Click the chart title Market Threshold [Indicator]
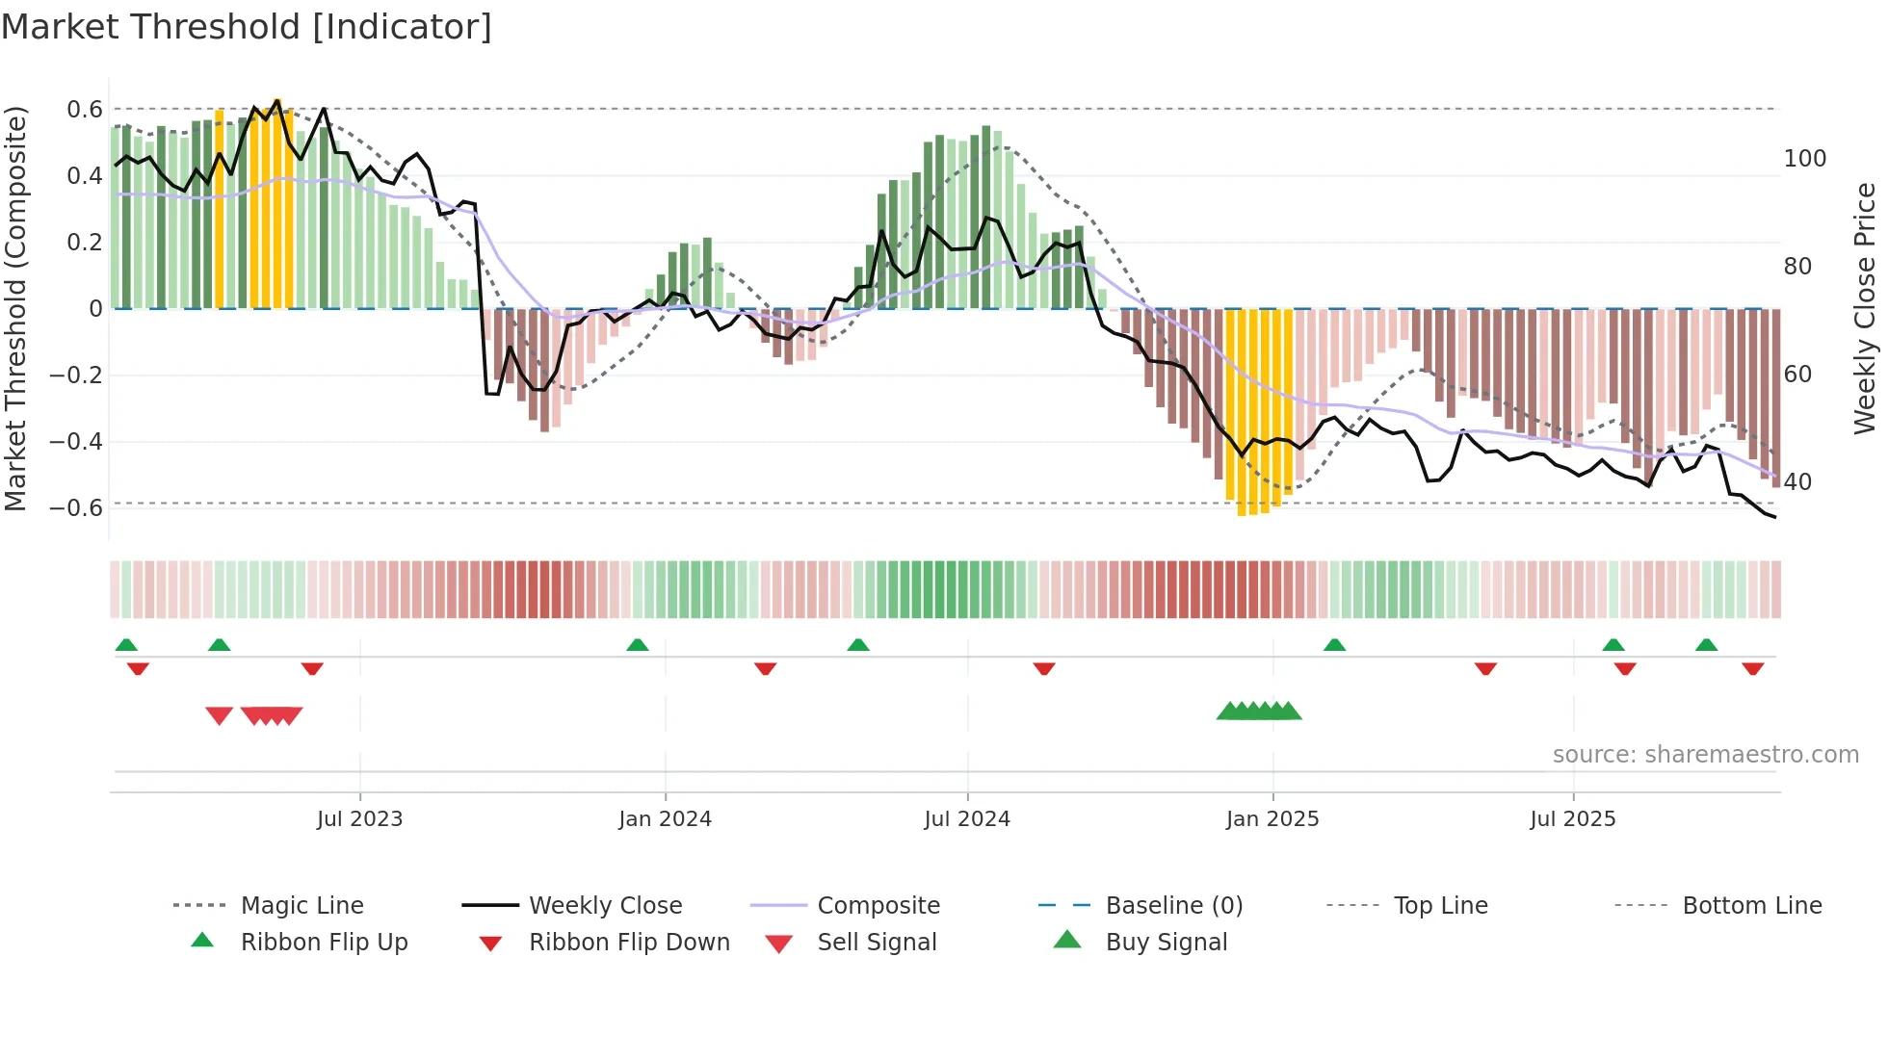[247, 27]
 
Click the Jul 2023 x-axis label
[359, 819]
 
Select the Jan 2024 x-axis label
[665, 819]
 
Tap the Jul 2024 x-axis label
[967, 819]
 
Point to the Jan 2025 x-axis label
[1272, 819]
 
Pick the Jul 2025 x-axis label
[1573, 819]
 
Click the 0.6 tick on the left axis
[85, 110]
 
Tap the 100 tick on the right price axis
[1804, 159]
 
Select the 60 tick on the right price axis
[1797, 375]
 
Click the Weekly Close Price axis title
[1865, 308]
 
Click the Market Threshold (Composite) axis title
[15, 308]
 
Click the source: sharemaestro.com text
[1705, 755]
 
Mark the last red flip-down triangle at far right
[1752, 668]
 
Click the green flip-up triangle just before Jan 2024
[637, 645]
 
